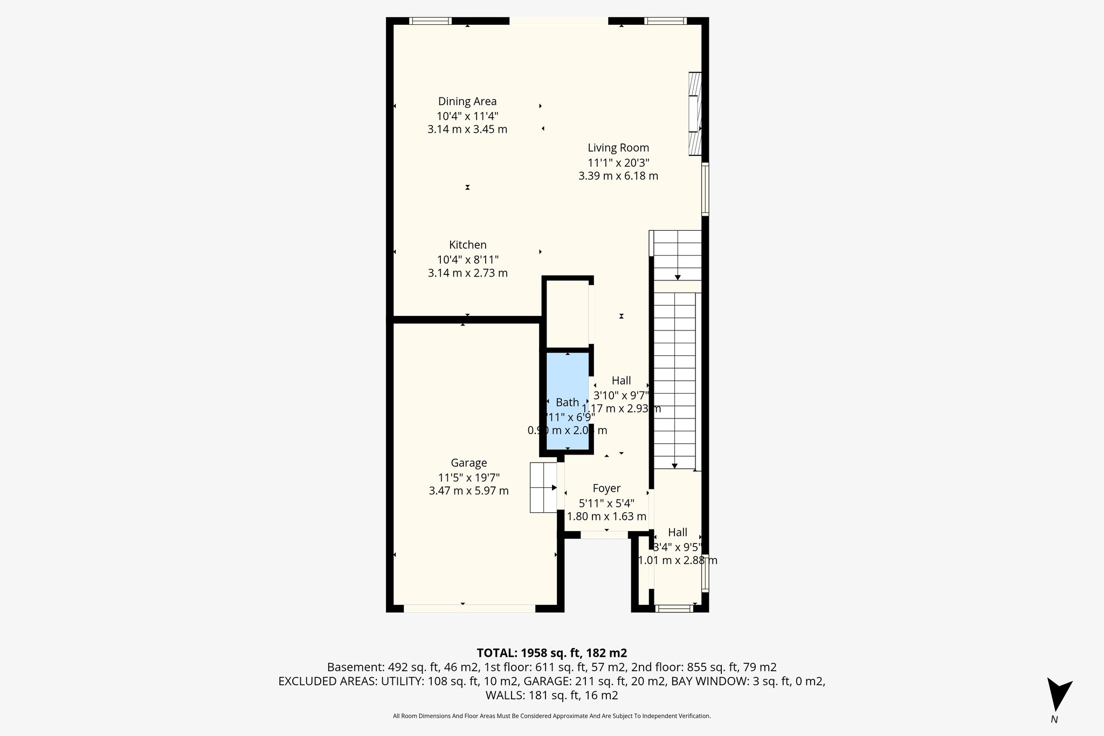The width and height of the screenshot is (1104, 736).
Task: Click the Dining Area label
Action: [x=467, y=101]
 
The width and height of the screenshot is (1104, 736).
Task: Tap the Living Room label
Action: [x=618, y=148]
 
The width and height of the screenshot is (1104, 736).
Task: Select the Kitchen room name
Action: [x=467, y=245]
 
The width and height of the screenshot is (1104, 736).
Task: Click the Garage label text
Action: [x=468, y=463]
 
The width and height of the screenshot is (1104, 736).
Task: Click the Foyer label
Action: [x=606, y=489]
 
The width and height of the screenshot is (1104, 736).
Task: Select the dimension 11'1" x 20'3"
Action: [x=618, y=162]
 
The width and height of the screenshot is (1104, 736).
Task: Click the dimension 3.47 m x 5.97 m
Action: [x=468, y=491]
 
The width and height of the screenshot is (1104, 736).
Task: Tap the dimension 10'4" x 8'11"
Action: [x=467, y=259]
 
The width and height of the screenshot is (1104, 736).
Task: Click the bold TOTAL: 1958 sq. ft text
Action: [x=551, y=653]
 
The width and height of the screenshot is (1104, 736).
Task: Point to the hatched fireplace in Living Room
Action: [x=695, y=114]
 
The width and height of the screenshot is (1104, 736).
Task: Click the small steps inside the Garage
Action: [x=543, y=487]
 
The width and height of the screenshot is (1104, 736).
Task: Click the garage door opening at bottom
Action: [x=469, y=608]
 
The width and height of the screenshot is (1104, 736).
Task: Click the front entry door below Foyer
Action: [x=604, y=535]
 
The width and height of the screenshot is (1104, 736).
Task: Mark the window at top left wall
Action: [x=430, y=21]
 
